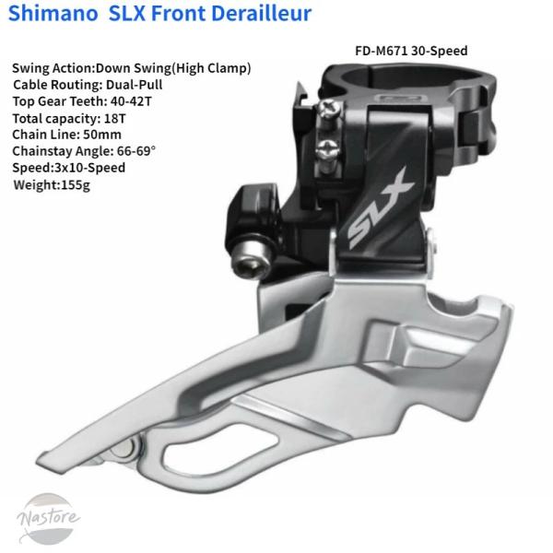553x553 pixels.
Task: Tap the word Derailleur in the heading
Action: tap(261, 15)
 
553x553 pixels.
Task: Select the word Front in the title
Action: tap(182, 15)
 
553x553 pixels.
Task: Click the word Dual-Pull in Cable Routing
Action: tap(129, 85)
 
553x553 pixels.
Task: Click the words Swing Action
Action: tap(52, 68)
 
